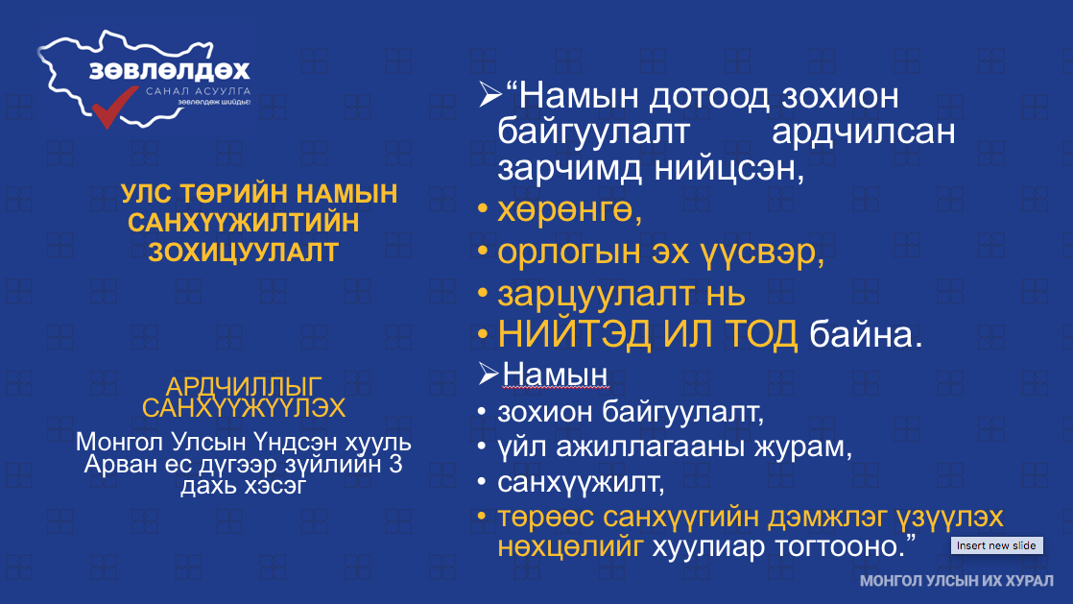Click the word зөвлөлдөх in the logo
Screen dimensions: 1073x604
pos(170,71)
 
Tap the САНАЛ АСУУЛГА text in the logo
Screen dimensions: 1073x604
pos(199,91)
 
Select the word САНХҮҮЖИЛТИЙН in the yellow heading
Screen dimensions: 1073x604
pos(244,223)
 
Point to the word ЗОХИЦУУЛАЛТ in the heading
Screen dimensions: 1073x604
pos(244,253)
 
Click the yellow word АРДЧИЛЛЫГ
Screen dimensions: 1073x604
pos(244,386)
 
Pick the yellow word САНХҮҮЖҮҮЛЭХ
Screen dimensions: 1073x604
pos(244,408)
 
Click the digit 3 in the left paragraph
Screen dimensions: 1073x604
pos(394,465)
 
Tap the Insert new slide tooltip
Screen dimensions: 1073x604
pos(996,545)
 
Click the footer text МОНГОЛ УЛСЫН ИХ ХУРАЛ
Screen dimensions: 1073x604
pos(957,581)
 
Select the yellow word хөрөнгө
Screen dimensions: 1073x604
pos(569,211)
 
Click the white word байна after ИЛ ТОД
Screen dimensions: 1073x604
pos(866,335)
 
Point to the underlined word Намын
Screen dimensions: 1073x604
pos(555,374)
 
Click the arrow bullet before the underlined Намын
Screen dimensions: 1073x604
pos(488,374)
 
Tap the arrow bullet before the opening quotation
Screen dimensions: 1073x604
pos(490,94)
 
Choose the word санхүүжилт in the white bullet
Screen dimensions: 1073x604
pos(581,483)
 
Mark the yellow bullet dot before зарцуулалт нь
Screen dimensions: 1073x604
pos(483,294)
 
